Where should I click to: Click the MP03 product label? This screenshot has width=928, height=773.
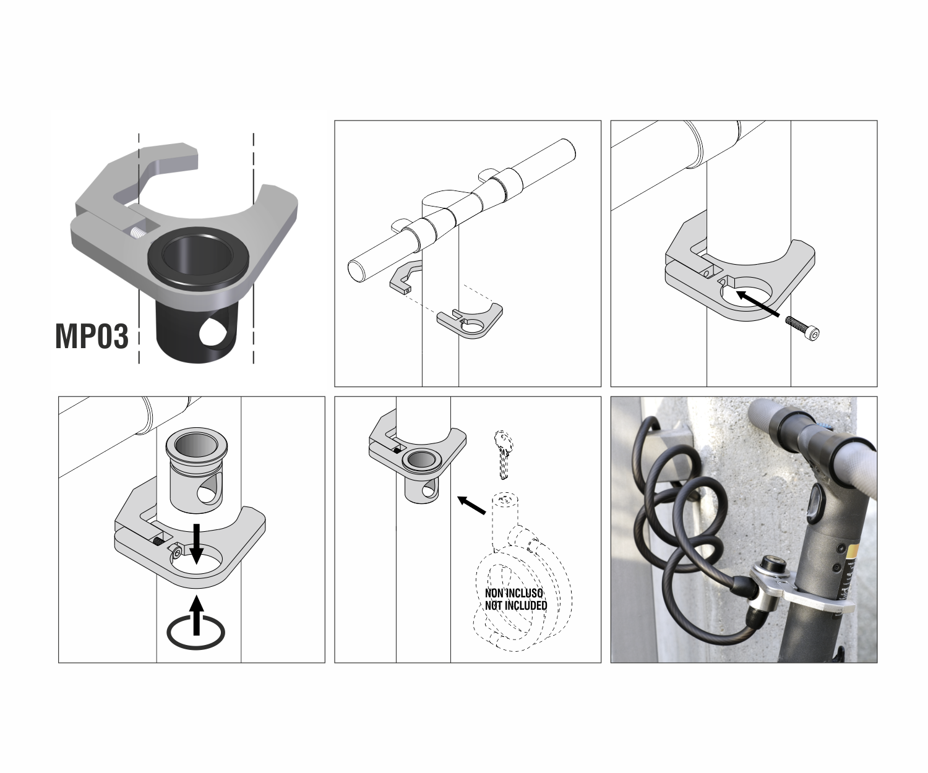coord(92,336)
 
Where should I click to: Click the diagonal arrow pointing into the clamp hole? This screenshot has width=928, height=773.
coord(758,304)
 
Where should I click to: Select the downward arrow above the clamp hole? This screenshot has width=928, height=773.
coord(197,544)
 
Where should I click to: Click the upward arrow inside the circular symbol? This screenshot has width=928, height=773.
coord(197,616)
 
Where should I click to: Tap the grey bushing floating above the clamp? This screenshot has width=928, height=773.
coord(197,466)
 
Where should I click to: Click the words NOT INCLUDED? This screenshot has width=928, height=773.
coord(516,605)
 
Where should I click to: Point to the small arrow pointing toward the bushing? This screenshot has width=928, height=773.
coord(472,505)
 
